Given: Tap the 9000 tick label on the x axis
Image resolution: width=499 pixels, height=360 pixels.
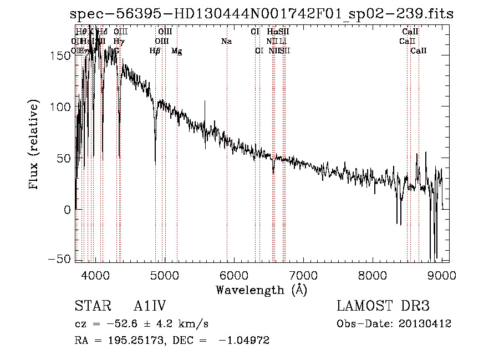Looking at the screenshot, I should coord(441,275).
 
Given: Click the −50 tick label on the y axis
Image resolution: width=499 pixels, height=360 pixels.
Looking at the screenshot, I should coord(60,260).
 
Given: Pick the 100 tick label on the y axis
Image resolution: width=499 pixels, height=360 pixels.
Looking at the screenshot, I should coord(62,107).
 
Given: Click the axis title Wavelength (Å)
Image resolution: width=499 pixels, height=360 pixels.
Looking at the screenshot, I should coord(261,290).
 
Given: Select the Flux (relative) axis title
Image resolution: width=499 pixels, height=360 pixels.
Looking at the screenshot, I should coord(34,145).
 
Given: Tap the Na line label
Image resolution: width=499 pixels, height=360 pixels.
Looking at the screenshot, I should coord(226,41).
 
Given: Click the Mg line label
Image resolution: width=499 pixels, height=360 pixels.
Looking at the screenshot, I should coord(177,51).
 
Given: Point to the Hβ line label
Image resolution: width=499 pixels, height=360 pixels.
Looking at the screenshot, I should coord(155,51).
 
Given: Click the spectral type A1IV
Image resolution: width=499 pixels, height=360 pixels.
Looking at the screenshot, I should coord(150,306).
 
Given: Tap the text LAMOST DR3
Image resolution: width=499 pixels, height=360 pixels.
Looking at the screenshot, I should coord(383,306).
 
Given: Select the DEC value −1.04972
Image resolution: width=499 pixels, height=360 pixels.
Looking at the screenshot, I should coord(243,341).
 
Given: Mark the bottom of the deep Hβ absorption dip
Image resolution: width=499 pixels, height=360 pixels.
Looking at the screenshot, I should coord(155,165).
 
